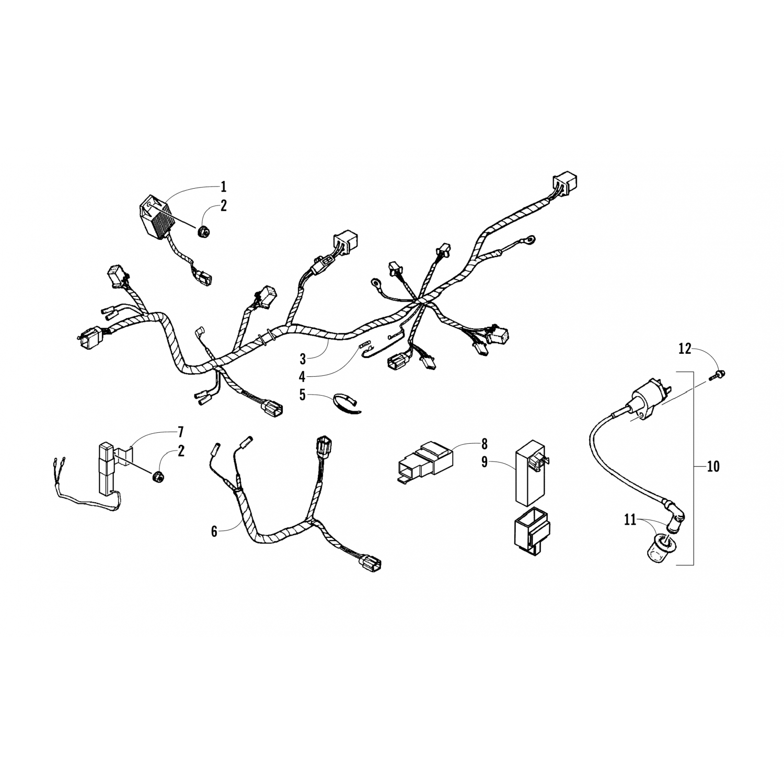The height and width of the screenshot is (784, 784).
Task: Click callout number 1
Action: tap(223, 186)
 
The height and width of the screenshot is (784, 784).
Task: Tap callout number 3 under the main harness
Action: tap(303, 359)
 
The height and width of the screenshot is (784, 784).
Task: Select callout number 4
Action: tap(302, 376)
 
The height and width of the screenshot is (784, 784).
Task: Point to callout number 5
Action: tap(303, 395)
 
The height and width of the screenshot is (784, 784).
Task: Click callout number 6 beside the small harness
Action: tap(214, 532)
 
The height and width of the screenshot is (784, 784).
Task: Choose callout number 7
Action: tap(180, 432)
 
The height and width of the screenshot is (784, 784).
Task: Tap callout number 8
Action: tap(484, 444)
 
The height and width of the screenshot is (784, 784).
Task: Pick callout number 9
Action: tap(484, 463)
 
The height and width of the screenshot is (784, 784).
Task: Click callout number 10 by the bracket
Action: tap(712, 466)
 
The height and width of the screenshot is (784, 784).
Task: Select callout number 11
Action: tap(630, 520)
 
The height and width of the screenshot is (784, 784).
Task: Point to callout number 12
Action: tap(685, 349)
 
